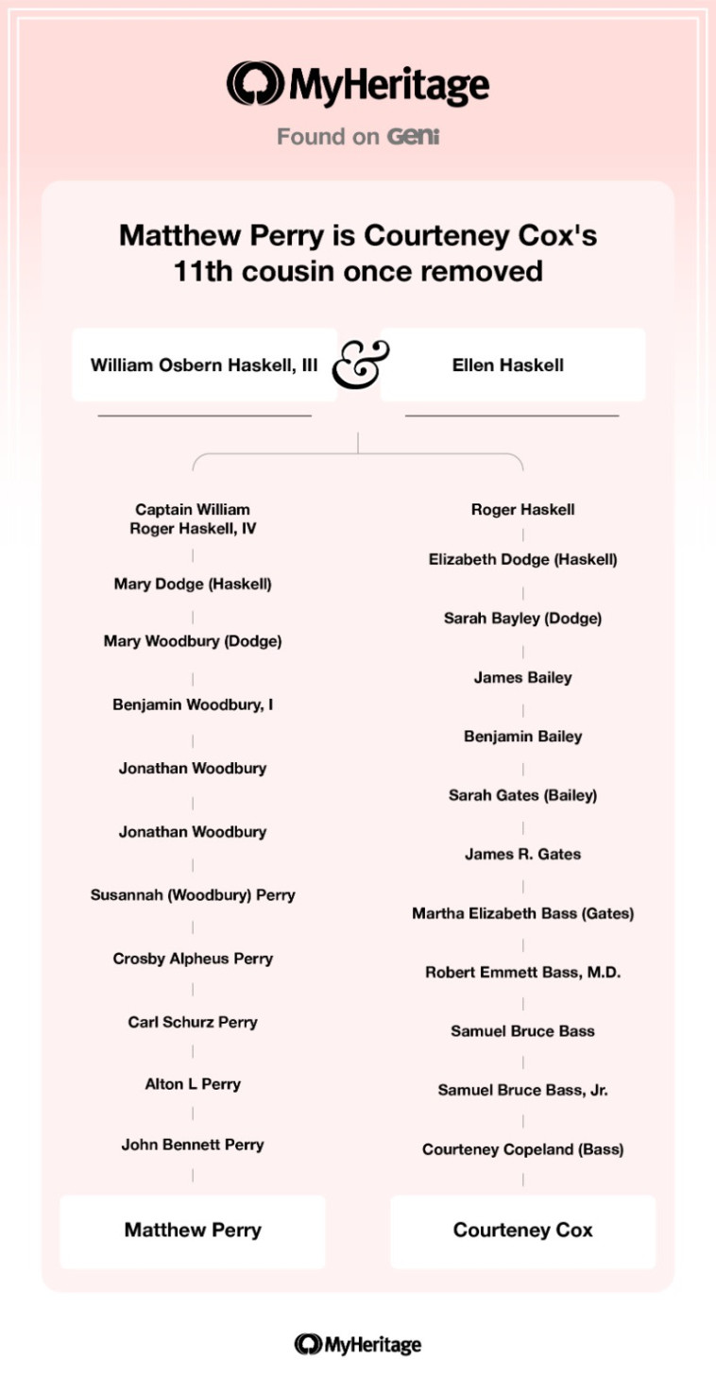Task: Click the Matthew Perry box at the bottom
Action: [x=193, y=1231]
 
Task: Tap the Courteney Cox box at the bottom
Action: [x=522, y=1231]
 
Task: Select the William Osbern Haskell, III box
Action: [x=204, y=365]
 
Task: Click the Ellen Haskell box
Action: [x=512, y=365]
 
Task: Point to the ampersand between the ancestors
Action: [x=359, y=364]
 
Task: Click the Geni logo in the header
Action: [x=414, y=137]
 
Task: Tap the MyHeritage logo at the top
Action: [x=358, y=85]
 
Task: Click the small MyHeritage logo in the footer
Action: [x=358, y=1344]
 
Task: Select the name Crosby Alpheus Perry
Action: [x=193, y=959]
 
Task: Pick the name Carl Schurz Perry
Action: [x=193, y=1022]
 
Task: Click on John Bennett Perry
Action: [x=193, y=1145]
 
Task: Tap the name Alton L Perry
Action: [x=193, y=1084]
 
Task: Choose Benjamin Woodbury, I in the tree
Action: [x=193, y=705]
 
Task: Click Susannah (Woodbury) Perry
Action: [x=193, y=894]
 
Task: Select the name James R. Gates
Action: [x=522, y=854]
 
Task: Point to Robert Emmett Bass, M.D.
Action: [x=522, y=972]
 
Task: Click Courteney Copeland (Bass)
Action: [x=522, y=1149]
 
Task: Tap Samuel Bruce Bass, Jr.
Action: [x=522, y=1090]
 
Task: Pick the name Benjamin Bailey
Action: [x=522, y=736]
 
